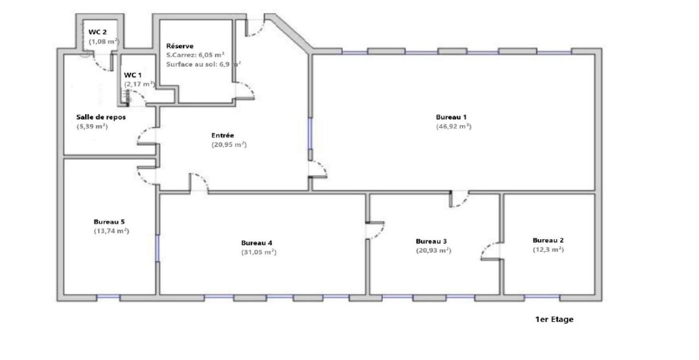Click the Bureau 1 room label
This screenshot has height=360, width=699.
[451, 117]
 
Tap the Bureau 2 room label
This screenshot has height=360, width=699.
[548, 240]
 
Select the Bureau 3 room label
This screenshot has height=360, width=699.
[431, 241]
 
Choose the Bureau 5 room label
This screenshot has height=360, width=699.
[109, 222]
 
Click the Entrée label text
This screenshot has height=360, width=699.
[222, 135]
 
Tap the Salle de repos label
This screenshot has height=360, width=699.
[101, 117]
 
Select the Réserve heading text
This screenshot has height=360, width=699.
[180, 46]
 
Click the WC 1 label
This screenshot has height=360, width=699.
[133, 74]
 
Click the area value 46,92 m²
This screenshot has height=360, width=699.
[453, 126]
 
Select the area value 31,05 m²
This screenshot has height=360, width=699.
[259, 252]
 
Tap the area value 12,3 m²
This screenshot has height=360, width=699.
[548, 250]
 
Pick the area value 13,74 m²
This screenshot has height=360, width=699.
[111, 231]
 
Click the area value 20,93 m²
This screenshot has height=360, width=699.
[433, 250]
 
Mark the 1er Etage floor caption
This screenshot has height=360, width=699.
[554, 320]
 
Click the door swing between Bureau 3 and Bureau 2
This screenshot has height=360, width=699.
[491, 251]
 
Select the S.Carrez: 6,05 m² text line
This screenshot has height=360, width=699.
[196, 55]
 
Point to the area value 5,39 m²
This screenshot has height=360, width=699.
[92, 126]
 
